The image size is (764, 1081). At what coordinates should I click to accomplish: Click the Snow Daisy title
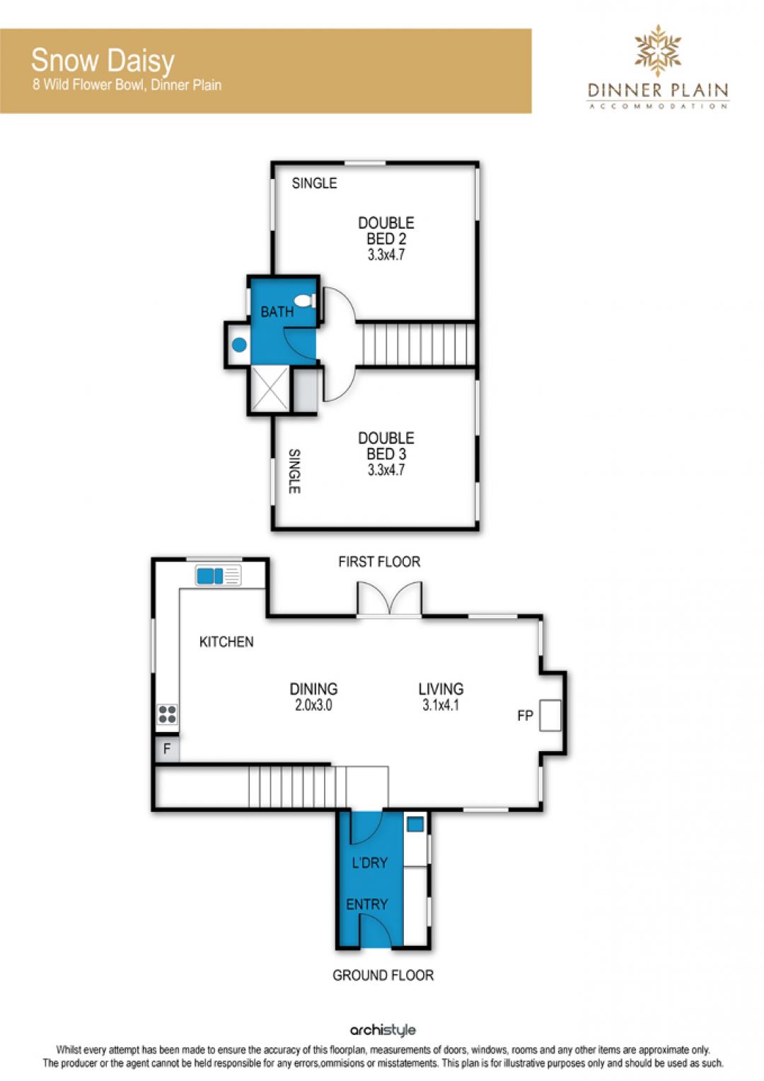point(103,62)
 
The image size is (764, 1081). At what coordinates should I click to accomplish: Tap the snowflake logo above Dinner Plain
point(657,51)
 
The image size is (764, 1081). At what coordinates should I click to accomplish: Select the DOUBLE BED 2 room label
point(386,239)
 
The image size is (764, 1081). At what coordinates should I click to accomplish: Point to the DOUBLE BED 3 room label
point(386,454)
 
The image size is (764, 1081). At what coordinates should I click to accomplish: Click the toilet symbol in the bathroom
point(305,301)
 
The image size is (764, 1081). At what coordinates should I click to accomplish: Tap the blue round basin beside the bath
point(239,345)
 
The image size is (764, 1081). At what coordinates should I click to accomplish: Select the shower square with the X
point(270,388)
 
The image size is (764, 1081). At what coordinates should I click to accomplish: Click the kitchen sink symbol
point(218,576)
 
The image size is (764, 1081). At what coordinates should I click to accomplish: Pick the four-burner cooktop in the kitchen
point(168,714)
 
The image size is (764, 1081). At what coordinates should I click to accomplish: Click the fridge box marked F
point(167,749)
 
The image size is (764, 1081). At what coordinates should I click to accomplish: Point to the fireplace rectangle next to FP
point(550,715)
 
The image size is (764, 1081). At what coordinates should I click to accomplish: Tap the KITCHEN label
point(226,641)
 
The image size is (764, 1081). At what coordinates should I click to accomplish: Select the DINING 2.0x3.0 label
point(313,697)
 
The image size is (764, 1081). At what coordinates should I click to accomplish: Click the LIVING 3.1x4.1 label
point(441,697)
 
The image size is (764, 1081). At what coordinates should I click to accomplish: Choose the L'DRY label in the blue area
point(369,862)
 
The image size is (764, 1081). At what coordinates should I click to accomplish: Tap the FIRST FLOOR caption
point(379,561)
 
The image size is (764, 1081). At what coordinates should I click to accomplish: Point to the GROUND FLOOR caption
point(383,975)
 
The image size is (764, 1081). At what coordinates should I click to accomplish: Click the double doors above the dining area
point(389,600)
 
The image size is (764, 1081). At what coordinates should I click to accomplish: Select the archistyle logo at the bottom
point(383,1030)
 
